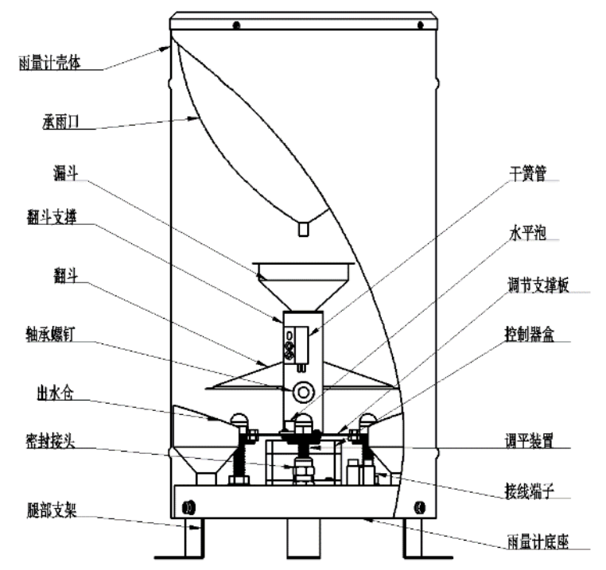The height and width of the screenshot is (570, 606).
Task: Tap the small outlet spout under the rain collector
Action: (x=302, y=230)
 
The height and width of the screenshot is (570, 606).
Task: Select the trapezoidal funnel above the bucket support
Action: (x=302, y=283)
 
